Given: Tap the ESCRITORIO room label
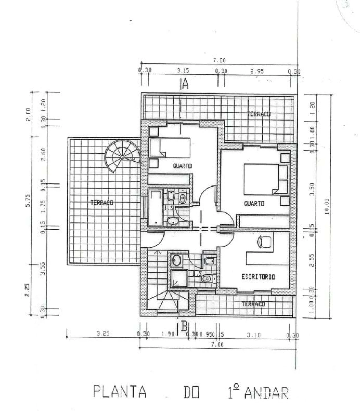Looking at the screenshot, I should pos(258,277).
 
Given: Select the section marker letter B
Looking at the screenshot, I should pos(184,327).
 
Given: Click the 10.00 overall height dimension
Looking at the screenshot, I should pos(327,206).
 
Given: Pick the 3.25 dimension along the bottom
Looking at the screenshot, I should pos(103,334).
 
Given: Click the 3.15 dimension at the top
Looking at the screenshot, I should pos(183,71).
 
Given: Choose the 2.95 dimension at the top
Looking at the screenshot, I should pos(257,71).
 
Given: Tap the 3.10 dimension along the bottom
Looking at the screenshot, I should pos(254,335).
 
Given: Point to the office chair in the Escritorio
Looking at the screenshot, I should pos(264,241).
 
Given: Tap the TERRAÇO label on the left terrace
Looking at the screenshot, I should pos(102,202).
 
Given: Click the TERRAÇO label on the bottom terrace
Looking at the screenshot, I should pos(253,304).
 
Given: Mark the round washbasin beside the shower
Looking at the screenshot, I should pos(177,260).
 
